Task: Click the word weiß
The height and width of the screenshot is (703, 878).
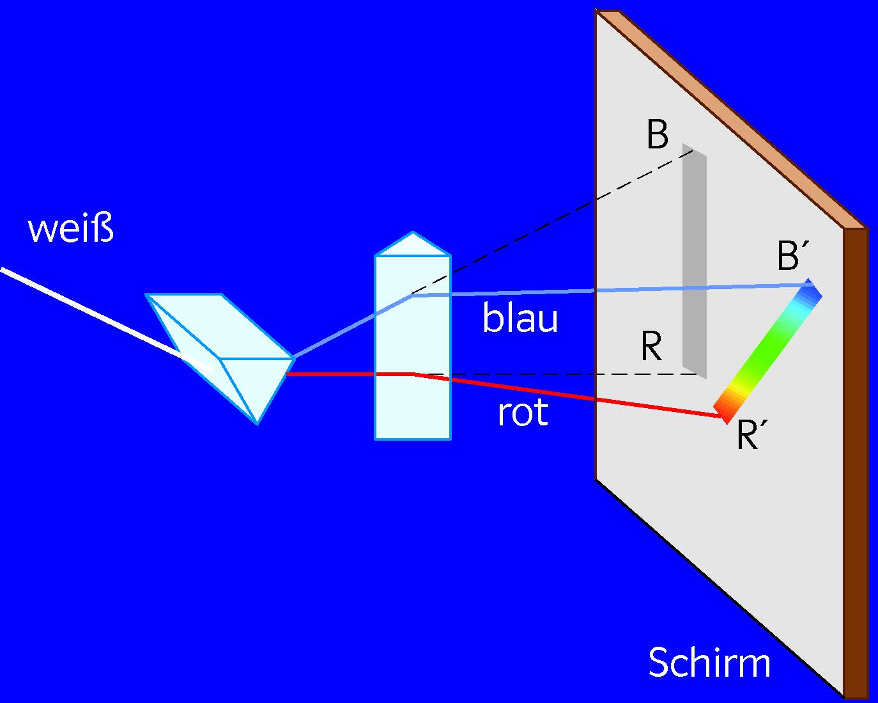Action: (x=70, y=228)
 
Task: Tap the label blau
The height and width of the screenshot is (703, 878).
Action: (x=520, y=319)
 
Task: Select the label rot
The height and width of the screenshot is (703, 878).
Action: (x=522, y=413)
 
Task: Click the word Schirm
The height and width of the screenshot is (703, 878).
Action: (x=709, y=663)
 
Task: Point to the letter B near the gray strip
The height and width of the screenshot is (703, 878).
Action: (x=658, y=135)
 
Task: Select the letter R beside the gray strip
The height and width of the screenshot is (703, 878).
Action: (x=651, y=347)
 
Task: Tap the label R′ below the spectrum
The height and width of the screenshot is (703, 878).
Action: (x=751, y=436)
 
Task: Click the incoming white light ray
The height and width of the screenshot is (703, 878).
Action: (x=96, y=313)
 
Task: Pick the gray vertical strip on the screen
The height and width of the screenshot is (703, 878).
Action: (x=695, y=262)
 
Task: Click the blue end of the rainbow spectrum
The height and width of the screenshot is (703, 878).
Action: (x=809, y=294)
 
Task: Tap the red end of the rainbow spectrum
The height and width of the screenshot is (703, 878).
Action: (x=726, y=409)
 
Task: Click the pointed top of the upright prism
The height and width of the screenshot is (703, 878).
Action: (x=413, y=234)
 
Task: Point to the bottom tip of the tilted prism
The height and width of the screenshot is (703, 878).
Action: (x=257, y=422)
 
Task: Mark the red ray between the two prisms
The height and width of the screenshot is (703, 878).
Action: (x=332, y=374)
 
